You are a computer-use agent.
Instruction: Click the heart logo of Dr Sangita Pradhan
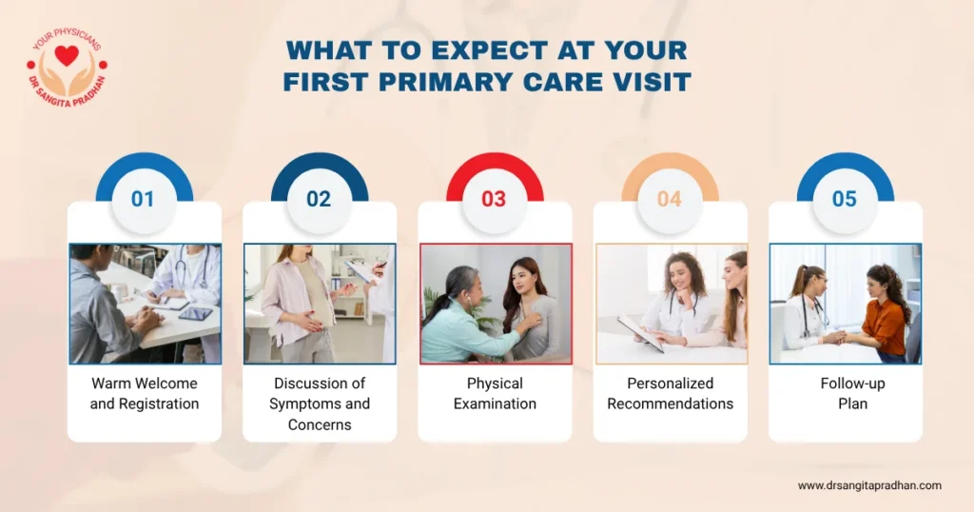67,57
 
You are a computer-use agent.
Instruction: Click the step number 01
144,199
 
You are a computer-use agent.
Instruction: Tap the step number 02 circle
319,199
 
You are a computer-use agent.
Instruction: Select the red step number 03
494,199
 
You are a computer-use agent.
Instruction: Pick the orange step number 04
670,199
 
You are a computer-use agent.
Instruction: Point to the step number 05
845,199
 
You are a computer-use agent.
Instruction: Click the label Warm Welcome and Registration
145,393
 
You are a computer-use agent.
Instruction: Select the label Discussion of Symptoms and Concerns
320,404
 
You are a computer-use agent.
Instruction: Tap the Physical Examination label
495,393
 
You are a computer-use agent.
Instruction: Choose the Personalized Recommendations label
671,393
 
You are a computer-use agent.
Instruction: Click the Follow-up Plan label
845,393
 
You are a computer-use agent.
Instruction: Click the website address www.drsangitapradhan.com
869,485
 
